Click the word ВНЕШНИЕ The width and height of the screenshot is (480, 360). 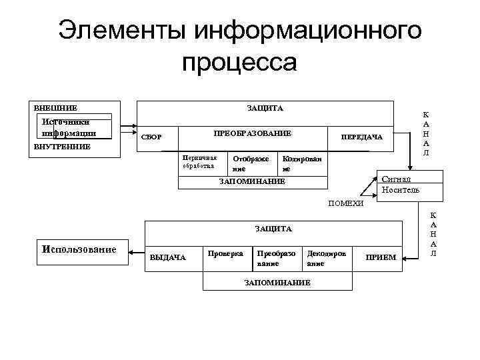(x=55, y=107)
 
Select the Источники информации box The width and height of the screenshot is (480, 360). (x=73, y=127)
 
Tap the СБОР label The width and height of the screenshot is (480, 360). (x=151, y=137)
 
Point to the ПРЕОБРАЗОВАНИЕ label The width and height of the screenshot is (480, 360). (x=252, y=134)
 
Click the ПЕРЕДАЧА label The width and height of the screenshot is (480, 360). (x=361, y=137)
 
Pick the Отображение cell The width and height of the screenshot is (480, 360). (x=251, y=164)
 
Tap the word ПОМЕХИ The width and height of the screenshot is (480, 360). (x=346, y=203)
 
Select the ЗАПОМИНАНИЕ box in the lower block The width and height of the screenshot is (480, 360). (x=277, y=283)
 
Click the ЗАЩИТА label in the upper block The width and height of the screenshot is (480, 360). (x=265, y=108)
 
